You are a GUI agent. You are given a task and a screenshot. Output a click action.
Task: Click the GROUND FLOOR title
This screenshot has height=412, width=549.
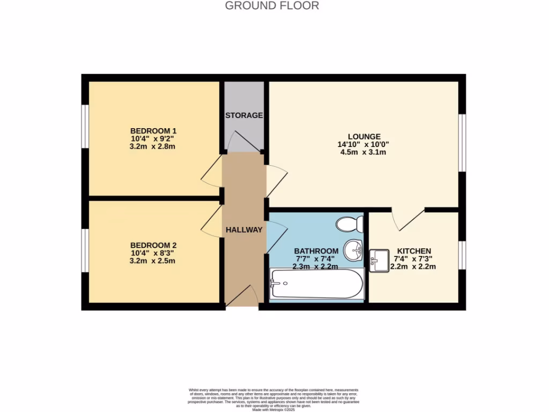pos(272,6)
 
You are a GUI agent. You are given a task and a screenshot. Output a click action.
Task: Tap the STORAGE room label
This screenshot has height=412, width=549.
pos(244,115)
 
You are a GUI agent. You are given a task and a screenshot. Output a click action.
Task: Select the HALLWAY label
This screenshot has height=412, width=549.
pos(244,230)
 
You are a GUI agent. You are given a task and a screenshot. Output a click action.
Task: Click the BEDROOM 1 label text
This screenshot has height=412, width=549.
pos(153,131)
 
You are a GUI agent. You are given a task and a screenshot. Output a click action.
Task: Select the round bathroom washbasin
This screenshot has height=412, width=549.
pos(353,249)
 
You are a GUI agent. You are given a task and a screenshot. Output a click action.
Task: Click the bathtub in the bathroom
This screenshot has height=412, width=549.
pos(317,283)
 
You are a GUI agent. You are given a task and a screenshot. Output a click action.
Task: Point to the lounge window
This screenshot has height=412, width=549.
pos(462,143)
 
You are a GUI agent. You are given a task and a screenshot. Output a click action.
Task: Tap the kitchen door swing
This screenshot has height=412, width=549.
pos(407,220)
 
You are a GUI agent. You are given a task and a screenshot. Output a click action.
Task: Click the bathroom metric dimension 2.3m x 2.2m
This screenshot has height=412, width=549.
pos(315,267)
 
